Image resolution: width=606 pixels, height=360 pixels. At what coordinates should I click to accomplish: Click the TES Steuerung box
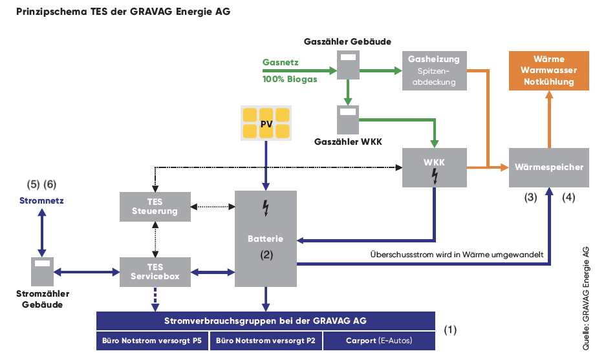[155, 207]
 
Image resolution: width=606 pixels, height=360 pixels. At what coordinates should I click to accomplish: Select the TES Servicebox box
[155, 272]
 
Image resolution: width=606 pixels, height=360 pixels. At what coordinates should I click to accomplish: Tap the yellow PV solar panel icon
[266, 123]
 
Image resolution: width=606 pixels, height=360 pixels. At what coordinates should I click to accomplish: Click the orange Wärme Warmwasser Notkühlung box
[549, 70]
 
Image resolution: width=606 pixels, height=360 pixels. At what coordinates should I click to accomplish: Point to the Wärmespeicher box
[549, 167]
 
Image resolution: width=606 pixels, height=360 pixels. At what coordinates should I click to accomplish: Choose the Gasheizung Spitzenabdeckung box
[435, 70]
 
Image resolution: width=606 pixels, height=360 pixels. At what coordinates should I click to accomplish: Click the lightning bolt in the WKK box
[435, 176]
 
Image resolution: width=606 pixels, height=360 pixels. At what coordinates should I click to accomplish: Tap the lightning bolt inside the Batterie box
[266, 208]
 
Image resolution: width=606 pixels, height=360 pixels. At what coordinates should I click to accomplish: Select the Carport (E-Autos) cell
[379, 341]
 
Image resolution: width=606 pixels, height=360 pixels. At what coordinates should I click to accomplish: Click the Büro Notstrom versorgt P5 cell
[152, 341]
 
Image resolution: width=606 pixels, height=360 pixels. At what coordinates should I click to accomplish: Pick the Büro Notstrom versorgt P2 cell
[266, 341]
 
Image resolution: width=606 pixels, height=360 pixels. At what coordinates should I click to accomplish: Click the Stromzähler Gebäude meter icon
[42, 271]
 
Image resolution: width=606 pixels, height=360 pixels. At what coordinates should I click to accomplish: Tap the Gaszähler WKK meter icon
[348, 120]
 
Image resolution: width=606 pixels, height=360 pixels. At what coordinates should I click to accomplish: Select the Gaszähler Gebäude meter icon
[348, 65]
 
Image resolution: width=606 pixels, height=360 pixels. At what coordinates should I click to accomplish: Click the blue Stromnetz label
[42, 201]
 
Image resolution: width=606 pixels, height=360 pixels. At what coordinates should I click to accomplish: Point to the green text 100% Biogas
[290, 79]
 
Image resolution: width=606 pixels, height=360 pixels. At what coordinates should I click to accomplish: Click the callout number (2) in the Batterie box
[266, 255]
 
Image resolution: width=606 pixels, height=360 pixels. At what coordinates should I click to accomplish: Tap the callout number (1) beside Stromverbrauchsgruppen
[450, 330]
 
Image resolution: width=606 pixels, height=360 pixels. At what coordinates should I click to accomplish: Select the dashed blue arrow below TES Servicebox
[155, 299]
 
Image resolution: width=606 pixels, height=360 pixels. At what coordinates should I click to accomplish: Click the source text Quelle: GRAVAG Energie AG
[586, 298]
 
